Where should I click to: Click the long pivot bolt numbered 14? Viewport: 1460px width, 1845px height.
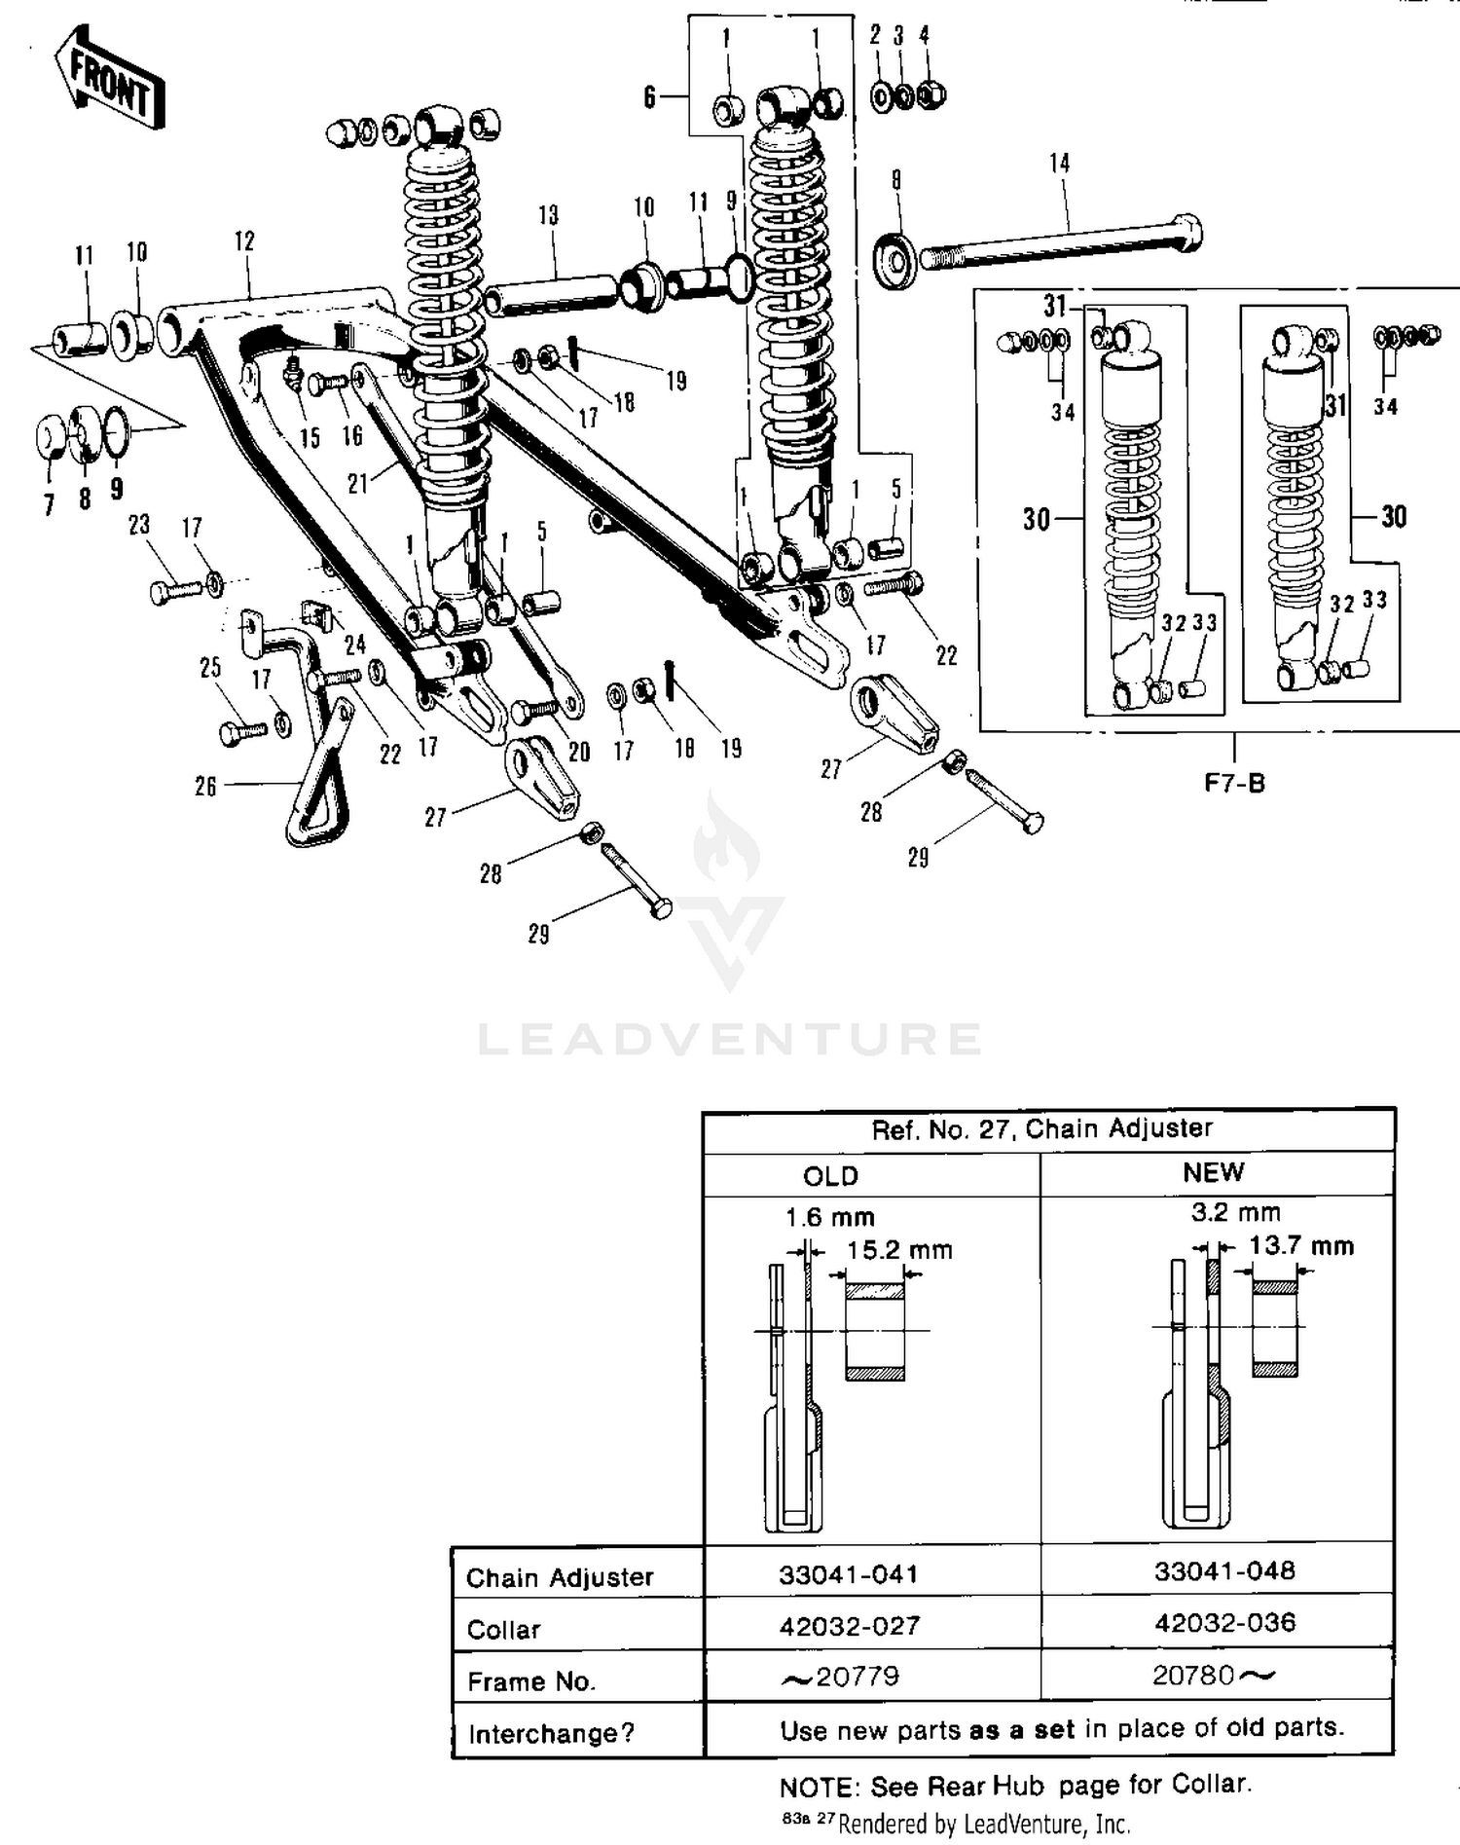pos(1061,243)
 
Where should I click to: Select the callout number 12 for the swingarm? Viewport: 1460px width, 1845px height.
pos(244,240)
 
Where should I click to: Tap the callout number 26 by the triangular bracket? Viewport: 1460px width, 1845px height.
pos(205,786)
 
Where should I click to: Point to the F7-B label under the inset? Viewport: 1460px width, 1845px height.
pos(1234,783)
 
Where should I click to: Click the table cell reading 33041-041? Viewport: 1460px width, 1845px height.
pos(848,1574)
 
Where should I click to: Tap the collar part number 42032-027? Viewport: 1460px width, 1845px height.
pos(849,1626)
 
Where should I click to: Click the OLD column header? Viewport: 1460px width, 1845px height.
pos(830,1176)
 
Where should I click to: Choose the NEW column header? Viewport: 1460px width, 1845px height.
pos(1213,1172)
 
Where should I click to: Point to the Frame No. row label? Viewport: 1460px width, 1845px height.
pos(530,1681)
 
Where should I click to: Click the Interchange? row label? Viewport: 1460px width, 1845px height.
pos(550,1734)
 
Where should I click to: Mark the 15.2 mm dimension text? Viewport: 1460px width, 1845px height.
pos(899,1250)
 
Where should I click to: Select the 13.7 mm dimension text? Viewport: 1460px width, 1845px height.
pos(1301,1245)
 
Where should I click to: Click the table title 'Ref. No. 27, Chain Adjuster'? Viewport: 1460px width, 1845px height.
pos(1041,1129)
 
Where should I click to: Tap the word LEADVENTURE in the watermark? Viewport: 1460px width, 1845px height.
pos(729,1040)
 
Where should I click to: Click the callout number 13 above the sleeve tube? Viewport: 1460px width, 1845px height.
pos(548,215)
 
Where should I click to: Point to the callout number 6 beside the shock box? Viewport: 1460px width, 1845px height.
pos(649,97)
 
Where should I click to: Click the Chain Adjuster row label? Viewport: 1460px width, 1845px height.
pos(559,1577)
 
